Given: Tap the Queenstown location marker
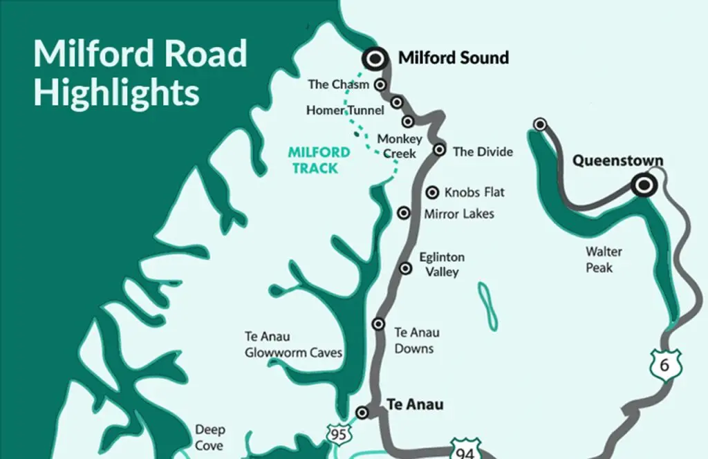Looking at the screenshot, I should [644, 185].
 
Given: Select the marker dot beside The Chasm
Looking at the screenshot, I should [380, 84].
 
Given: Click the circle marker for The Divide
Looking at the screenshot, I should [439, 149].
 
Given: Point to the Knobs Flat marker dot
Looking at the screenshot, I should [433, 192].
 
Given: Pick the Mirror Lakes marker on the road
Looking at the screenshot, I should [404, 213].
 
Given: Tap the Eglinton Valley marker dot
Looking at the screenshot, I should [406, 269].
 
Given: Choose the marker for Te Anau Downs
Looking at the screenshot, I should [378, 324].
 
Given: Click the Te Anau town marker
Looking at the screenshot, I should [362, 413].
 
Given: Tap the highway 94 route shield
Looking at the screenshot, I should [464, 449].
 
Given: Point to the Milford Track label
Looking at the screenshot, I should [313, 160].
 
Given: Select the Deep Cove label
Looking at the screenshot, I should [209, 438].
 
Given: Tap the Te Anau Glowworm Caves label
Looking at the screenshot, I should [293, 344].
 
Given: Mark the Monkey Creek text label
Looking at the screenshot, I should [399, 146].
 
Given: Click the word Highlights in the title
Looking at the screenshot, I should [116, 93].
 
